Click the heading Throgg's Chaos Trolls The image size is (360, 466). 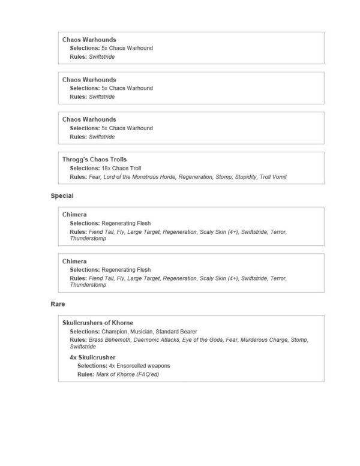[94, 160]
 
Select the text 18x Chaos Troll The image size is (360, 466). [121, 169]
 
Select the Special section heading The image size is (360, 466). [62, 196]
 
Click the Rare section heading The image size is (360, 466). [58, 304]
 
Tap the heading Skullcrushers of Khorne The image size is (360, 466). [98, 323]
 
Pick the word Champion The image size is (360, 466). [115, 332]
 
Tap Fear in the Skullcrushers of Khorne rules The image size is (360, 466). [238, 340]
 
